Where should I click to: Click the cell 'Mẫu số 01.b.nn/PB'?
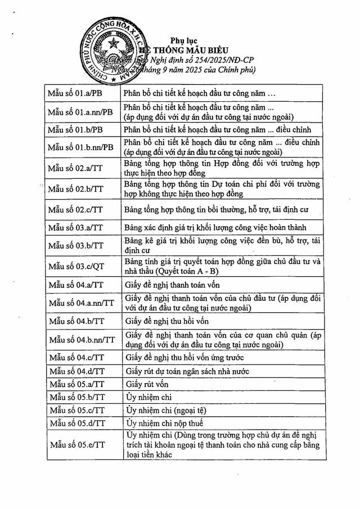pyautogui.click(x=81, y=147)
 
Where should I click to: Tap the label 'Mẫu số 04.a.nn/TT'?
pyautogui.click(x=82, y=303)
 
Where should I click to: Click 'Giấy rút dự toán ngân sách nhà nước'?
pyautogui.click(x=187, y=371)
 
